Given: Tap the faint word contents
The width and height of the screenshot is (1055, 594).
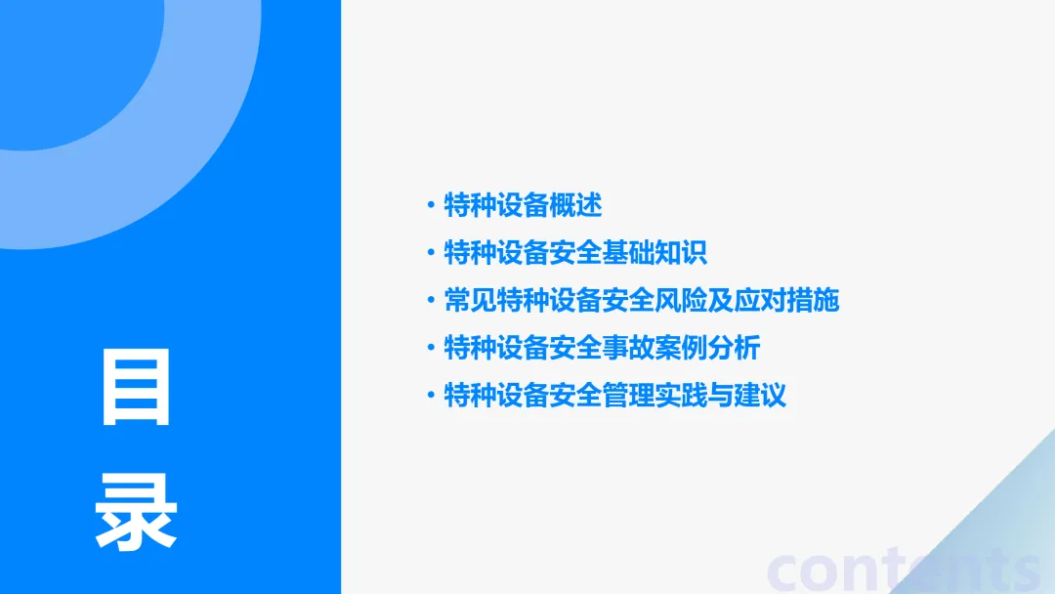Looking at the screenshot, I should [904, 571].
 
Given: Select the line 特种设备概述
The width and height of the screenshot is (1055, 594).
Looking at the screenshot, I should [523, 205].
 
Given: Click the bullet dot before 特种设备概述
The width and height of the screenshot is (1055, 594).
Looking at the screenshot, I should [430, 205].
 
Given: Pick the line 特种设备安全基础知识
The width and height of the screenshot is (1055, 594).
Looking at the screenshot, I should [575, 253].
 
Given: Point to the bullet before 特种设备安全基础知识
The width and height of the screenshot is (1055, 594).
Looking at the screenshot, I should [430, 253].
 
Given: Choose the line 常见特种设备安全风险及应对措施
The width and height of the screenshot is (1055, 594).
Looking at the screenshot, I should [641, 300].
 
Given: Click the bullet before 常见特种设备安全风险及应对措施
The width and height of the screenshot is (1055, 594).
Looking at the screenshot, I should [430, 300].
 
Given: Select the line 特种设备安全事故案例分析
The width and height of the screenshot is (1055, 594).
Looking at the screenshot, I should [602, 348].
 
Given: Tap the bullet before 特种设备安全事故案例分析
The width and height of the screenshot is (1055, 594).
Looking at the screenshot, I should [430, 348].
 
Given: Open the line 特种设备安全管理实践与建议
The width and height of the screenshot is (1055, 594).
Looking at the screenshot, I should [614, 396].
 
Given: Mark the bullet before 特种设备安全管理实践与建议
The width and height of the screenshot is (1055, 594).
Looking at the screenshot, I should [430, 396].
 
